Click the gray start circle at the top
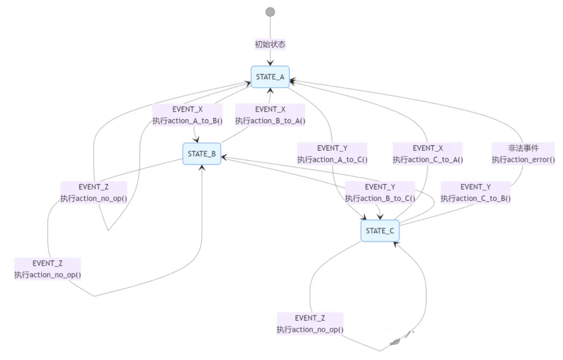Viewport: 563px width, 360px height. [270, 12]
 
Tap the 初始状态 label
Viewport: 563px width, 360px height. [270, 44]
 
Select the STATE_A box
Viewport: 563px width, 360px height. [270, 77]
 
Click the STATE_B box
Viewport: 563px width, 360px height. [202, 154]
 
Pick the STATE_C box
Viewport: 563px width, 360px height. [380, 231]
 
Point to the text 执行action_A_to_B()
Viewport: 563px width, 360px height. [187, 121]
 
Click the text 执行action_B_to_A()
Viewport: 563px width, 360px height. [270, 121]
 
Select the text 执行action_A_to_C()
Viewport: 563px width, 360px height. [332, 160]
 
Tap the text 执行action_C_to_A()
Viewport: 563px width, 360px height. [427, 160]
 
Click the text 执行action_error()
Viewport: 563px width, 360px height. [523, 160]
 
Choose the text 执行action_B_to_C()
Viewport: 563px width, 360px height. [380, 198]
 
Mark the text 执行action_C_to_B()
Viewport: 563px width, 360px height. [475, 198]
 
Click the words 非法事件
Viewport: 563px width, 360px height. [523, 148]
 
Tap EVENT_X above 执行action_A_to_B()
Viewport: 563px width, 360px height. [187, 110]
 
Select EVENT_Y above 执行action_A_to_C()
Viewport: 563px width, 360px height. [332, 148]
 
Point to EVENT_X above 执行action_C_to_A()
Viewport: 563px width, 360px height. [427, 148]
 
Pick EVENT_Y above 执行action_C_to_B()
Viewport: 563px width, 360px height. [475, 187]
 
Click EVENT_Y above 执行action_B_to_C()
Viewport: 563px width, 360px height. [380, 187]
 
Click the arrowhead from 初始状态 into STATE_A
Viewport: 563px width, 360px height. [270, 63]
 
